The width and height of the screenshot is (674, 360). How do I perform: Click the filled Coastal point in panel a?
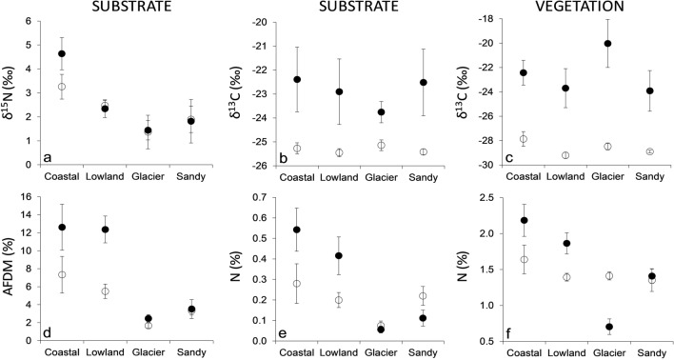click(62, 53)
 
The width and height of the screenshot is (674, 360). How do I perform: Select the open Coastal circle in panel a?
click(62, 87)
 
